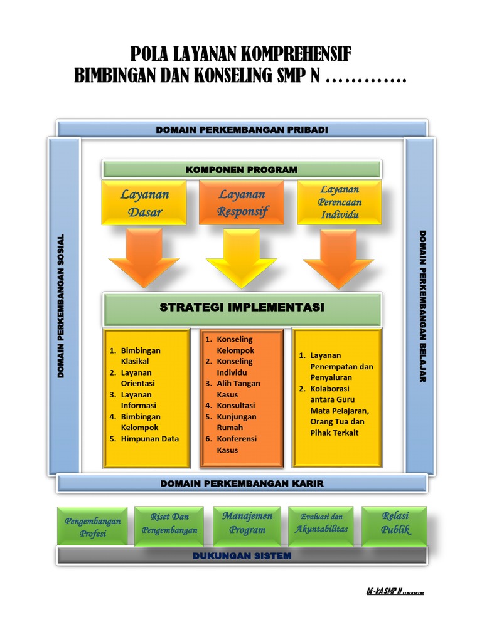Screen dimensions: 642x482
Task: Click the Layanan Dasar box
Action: (x=144, y=203)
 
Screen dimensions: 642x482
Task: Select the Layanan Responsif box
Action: (x=242, y=203)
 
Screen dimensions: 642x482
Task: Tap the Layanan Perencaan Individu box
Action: (x=340, y=202)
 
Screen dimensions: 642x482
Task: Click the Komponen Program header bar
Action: (x=242, y=169)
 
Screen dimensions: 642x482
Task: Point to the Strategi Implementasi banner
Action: (x=242, y=308)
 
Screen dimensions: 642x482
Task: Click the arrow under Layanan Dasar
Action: (x=144, y=257)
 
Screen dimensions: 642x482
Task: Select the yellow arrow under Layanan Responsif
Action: (x=242, y=257)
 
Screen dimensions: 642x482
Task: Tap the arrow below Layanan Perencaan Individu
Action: (x=339, y=257)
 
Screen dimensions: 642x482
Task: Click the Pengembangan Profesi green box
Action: (x=93, y=527)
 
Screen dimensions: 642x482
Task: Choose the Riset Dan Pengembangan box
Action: (x=169, y=524)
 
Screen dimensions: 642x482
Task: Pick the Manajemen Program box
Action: (x=247, y=522)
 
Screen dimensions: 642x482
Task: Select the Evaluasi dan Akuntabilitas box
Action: (x=321, y=523)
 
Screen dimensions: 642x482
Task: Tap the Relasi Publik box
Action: (x=395, y=523)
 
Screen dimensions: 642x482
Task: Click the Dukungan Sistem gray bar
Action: (x=242, y=555)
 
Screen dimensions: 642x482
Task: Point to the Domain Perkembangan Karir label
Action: (x=242, y=483)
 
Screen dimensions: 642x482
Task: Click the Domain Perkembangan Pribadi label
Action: (x=242, y=130)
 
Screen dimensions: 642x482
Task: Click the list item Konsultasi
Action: (x=236, y=406)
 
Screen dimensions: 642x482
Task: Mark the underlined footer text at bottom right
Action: (x=394, y=591)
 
